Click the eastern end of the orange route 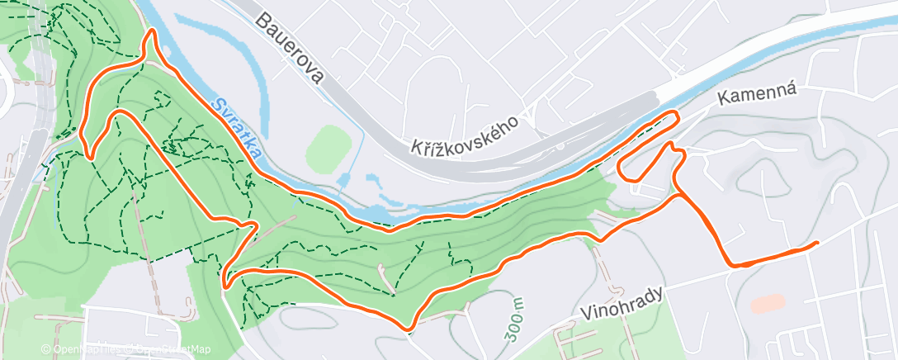pyautogui.click(x=816, y=243)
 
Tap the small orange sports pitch pyautogui.click(x=768, y=304)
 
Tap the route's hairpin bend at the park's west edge pyautogui.click(x=224, y=283)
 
